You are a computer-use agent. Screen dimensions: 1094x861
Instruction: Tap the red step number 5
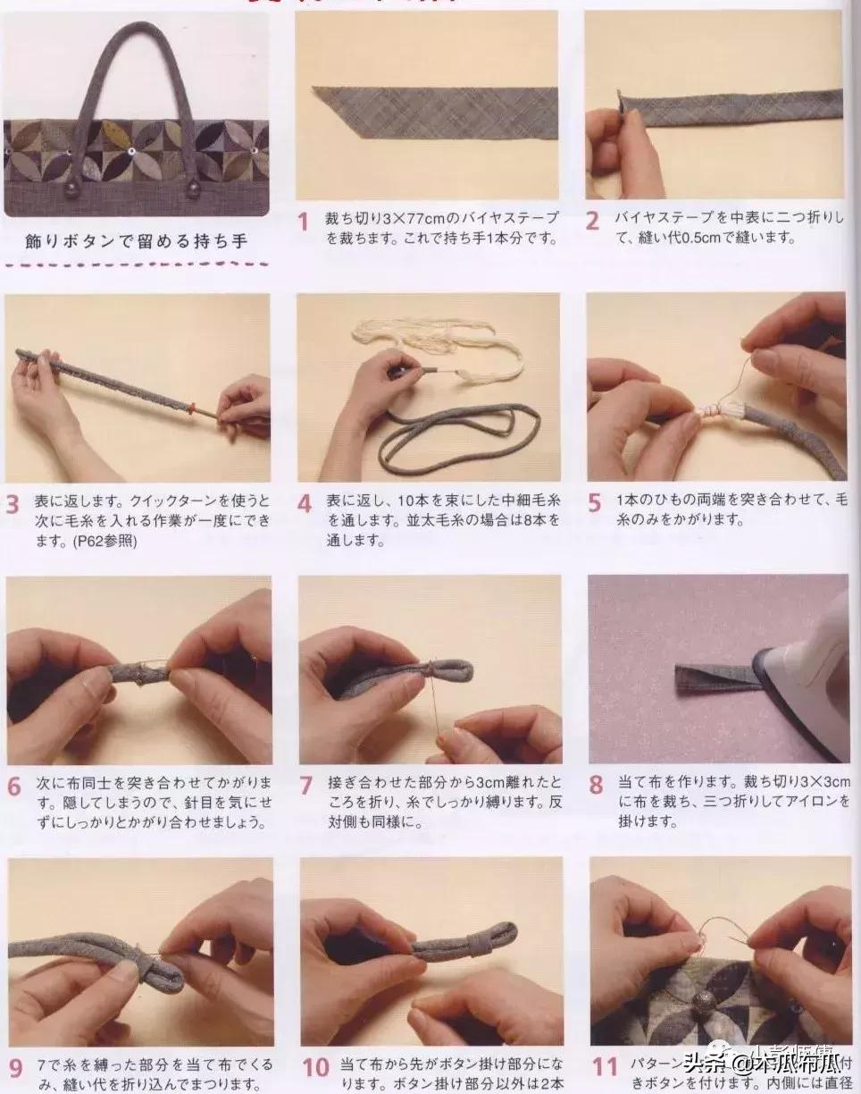(x=595, y=502)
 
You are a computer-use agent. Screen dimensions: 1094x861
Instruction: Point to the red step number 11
(x=605, y=1067)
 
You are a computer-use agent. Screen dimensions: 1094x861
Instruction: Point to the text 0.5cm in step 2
(x=699, y=239)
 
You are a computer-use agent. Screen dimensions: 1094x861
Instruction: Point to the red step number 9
(x=15, y=1067)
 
